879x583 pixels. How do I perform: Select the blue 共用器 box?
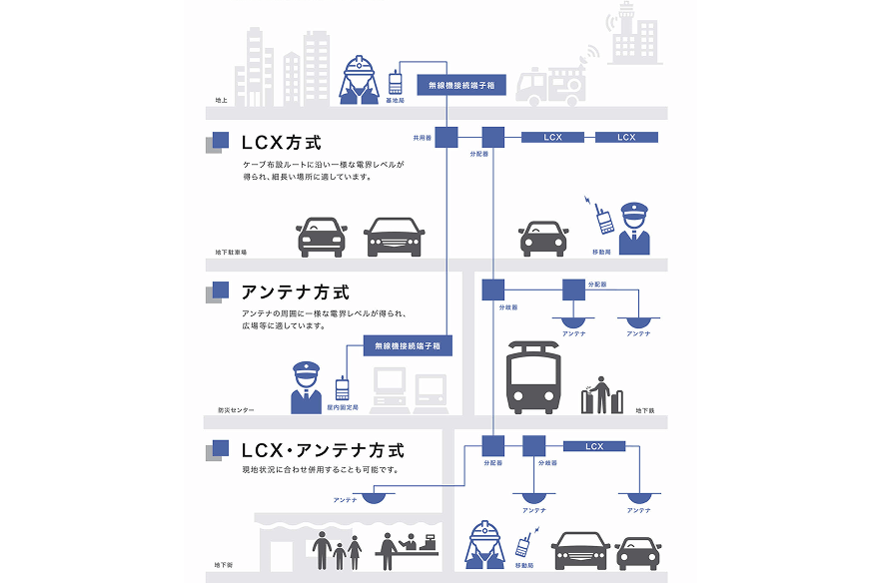(446, 137)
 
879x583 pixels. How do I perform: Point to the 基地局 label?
(396, 101)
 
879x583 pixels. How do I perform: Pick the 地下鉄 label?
(644, 409)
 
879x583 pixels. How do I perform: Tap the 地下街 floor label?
(225, 565)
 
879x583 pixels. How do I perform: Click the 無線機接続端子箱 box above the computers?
(408, 345)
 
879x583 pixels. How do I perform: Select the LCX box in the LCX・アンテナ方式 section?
(594, 446)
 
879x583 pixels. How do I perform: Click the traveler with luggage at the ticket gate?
(599, 393)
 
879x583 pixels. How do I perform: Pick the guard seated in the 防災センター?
(306, 387)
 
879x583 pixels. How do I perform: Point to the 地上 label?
(221, 101)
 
